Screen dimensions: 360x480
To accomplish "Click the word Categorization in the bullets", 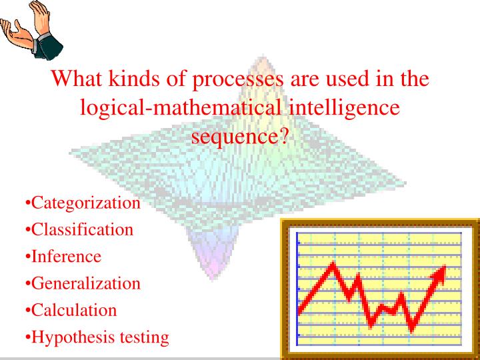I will [86, 203].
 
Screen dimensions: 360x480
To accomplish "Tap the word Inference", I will [66, 257].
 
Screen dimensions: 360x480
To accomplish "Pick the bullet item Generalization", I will [86, 283].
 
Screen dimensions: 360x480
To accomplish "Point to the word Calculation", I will [74, 310].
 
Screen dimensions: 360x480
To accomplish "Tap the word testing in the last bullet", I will [144, 337].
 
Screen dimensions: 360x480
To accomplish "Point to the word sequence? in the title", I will [240, 135].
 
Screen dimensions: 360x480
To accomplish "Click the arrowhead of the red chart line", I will [439, 271].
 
